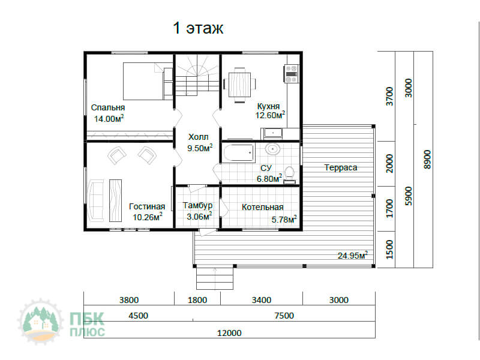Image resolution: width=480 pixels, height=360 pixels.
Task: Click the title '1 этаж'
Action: (x=198, y=28)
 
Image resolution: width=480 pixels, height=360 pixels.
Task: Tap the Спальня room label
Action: (x=108, y=108)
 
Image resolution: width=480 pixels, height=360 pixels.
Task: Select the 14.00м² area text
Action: (x=109, y=118)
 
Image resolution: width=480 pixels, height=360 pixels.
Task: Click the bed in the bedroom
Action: (x=148, y=81)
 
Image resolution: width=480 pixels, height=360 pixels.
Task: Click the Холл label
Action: (x=199, y=137)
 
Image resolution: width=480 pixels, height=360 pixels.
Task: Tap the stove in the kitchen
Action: (x=291, y=74)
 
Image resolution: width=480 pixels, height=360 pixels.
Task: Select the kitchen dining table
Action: (x=239, y=85)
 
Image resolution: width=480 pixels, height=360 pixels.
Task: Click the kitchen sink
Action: (x=272, y=133)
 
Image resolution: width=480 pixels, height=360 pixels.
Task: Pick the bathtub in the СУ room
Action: (x=239, y=154)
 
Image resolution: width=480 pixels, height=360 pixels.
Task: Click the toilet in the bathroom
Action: (x=289, y=175)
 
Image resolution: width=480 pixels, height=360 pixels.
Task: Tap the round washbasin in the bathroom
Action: (x=272, y=149)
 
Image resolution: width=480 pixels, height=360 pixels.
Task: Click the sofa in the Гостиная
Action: (x=95, y=200)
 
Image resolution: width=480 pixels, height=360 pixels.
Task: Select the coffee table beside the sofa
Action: (x=115, y=200)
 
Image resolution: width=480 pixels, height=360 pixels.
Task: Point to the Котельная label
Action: (x=263, y=207)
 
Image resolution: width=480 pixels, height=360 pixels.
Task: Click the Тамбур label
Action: (x=197, y=205)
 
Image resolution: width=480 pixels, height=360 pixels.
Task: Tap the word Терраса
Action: (x=341, y=167)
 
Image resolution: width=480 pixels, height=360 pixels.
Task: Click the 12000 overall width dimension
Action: (x=229, y=333)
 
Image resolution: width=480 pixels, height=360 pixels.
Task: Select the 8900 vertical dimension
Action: (x=427, y=159)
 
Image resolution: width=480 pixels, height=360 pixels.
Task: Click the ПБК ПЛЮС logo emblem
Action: (x=41, y=322)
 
